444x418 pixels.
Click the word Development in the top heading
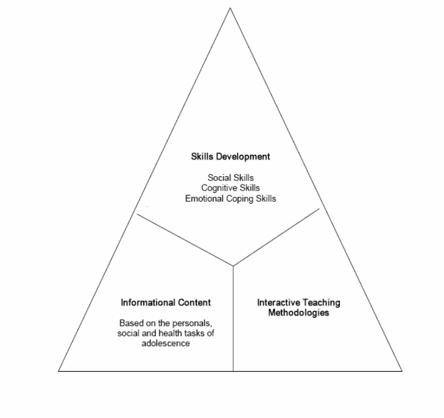coord(243,157)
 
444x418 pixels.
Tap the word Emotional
coord(205,199)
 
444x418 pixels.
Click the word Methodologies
coord(298,313)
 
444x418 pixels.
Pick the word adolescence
coord(166,343)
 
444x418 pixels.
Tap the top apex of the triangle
coord(230,8)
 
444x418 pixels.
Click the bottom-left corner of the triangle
coord(58,371)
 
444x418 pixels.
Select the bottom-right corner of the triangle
coord(402,371)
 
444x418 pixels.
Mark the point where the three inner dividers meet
coord(233,266)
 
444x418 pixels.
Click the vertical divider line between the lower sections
coord(233,319)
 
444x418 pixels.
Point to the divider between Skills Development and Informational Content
coord(185,240)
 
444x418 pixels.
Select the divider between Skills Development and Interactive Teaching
coord(276,237)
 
